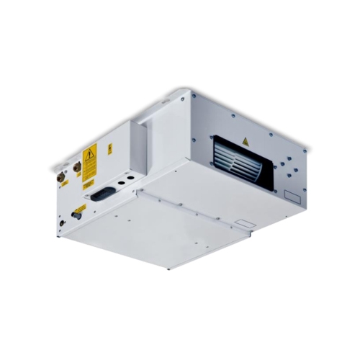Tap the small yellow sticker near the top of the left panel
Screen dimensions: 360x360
(110, 149)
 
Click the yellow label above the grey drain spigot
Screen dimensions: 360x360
(81, 207)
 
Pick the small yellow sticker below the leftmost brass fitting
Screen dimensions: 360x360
(64, 184)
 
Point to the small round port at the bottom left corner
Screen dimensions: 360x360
(62, 222)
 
